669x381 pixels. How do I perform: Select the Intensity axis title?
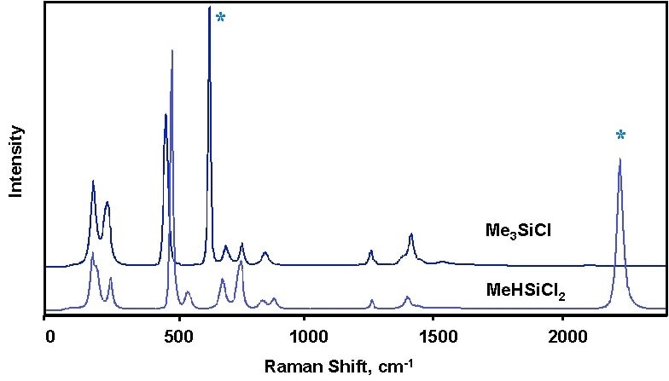click(x=15, y=162)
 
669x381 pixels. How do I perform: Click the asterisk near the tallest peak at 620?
click(x=220, y=18)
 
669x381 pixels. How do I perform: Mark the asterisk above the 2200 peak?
click(x=620, y=135)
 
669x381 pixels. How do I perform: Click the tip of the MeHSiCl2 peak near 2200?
click(x=620, y=159)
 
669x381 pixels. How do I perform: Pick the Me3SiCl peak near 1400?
click(x=411, y=234)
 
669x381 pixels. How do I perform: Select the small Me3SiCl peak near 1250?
click(x=370, y=251)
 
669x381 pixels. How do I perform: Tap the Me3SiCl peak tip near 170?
click(x=93, y=182)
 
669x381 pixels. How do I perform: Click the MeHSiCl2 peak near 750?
click(x=241, y=262)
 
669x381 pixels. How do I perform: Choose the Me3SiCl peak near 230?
click(x=108, y=203)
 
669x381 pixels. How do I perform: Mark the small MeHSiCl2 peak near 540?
click(x=187, y=292)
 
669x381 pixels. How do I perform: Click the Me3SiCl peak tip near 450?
click(x=166, y=114)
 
